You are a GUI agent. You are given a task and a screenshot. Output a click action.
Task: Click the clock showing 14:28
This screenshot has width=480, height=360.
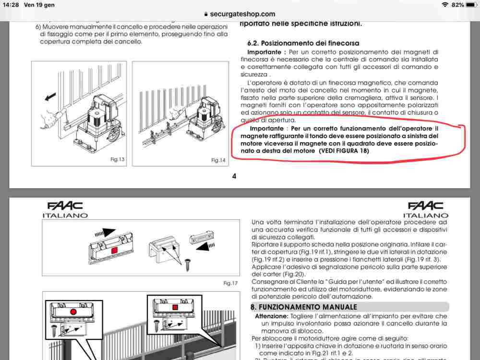point(10,4)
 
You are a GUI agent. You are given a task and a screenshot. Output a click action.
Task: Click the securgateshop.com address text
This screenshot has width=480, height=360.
point(243,14)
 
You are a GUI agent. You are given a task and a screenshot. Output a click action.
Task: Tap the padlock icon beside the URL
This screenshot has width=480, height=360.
point(206,14)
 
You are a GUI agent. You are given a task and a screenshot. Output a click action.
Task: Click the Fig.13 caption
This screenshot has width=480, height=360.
point(117,159)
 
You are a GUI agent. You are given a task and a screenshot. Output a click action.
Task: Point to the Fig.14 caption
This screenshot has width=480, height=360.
point(218,160)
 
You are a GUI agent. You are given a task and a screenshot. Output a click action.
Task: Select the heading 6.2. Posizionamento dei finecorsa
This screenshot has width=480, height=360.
point(303,43)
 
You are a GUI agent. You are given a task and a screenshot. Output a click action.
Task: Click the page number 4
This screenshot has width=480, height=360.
point(234,176)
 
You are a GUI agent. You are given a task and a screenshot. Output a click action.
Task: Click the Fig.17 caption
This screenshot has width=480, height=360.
point(231,283)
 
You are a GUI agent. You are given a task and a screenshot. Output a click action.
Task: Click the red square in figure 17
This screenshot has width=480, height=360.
point(115,251)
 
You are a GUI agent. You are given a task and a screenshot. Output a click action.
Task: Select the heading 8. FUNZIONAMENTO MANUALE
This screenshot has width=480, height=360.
point(303,307)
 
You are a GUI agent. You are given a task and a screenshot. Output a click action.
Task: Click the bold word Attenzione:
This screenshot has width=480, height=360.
point(272,316)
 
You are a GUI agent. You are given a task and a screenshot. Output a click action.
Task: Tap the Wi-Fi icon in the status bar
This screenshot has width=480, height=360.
point(445,5)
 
